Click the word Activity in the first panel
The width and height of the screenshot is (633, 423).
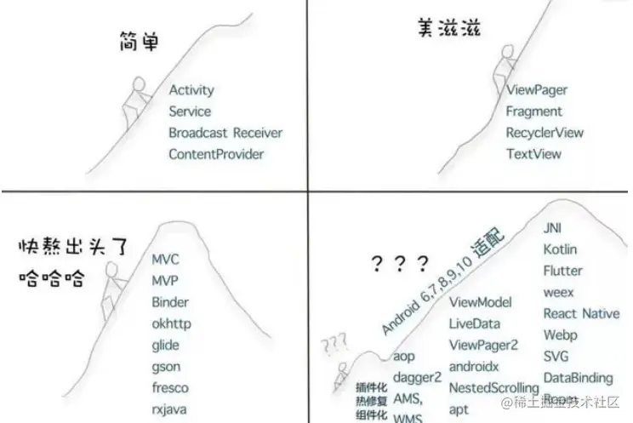(x=191, y=90)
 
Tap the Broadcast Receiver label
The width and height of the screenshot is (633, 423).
(x=225, y=133)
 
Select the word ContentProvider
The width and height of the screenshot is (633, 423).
(x=216, y=154)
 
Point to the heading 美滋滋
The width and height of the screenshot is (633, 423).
(x=449, y=27)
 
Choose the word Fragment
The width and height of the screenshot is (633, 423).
(x=533, y=111)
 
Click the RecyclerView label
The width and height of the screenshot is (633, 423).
(x=545, y=133)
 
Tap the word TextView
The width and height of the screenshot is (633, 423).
(x=533, y=154)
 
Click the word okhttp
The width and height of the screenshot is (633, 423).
(x=171, y=323)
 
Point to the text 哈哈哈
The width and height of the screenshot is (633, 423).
(x=51, y=277)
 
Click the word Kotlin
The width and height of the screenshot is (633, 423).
(x=560, y=249)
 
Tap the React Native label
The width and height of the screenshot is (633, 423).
(x=582, y=313)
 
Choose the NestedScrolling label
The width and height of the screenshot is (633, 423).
(x=493, y=388)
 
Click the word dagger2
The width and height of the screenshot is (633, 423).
(x=417, y=377)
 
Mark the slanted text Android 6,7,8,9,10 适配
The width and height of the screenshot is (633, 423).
(x=442, y=280)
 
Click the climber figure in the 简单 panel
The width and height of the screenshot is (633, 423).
(x=135, y=103)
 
